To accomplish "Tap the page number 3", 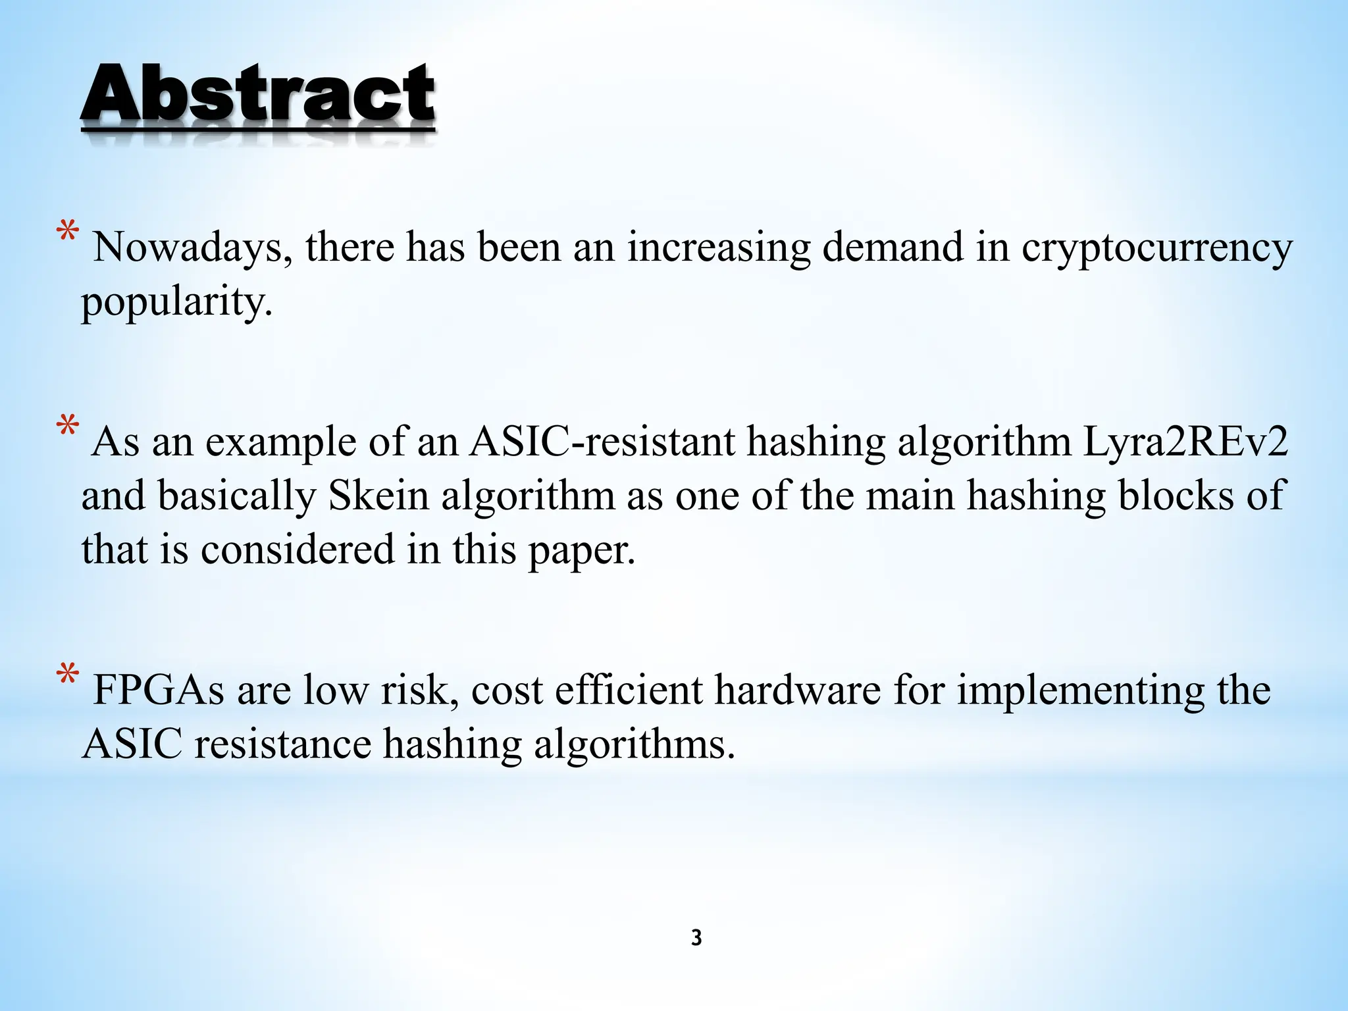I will [696, 938].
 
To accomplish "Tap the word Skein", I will [378, 496].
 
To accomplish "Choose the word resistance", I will [282, 745].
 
